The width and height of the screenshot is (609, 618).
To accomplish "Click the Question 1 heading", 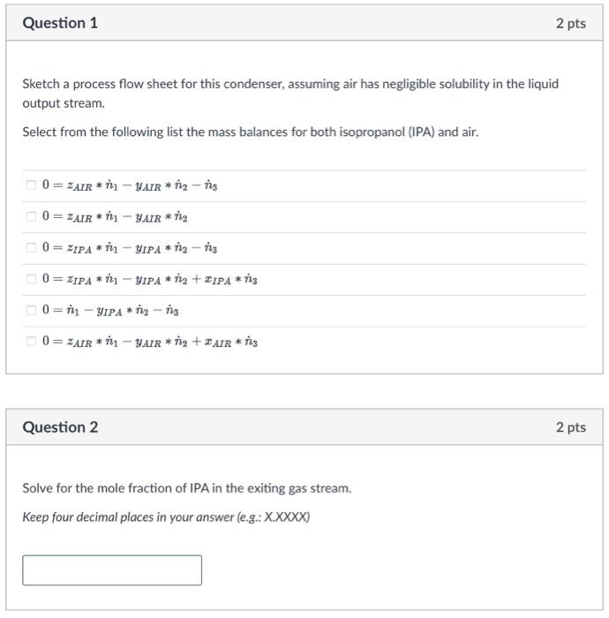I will click(60, 23).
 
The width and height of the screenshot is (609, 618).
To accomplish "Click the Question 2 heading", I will click(60, 427).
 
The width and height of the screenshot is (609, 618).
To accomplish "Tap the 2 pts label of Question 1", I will click(570, 23).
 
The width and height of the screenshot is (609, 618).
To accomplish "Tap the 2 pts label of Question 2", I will click(570, 427).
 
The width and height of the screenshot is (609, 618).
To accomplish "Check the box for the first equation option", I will click(31, 185).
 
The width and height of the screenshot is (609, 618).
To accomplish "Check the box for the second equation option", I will click(31, 217).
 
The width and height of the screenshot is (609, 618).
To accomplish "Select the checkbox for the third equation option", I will click(31, 248).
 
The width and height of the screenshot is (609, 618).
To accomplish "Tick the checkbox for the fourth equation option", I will click(31, 280).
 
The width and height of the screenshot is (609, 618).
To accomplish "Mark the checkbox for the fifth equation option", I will click(31, 311).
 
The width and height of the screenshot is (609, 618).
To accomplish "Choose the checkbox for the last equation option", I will click(31, 342).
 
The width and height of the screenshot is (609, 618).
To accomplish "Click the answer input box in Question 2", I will click(112, 570).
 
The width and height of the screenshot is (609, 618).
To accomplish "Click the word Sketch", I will click(41, 85).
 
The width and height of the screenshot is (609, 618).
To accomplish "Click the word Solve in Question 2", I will click(38, 488).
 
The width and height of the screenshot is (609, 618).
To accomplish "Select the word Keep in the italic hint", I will click(36, 517).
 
